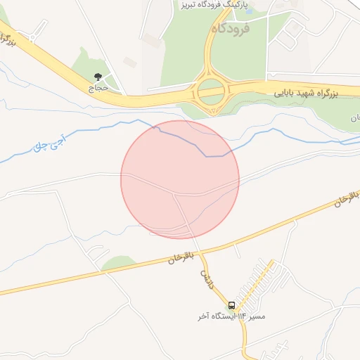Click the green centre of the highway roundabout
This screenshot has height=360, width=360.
pyautogui.click(x=210, y=90)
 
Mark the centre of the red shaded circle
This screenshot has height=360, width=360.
pyautogui.click(x=180, y=179)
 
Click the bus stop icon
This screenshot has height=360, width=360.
pyautogui.click(x=232, y=305)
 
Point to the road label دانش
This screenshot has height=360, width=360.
pyautogui.click(x=206, y=274)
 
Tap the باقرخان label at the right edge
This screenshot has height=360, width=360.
pyautogui.click(x=342, y=204)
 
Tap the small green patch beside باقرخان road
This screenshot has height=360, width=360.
pyautogui.click(x=118, y=263)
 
